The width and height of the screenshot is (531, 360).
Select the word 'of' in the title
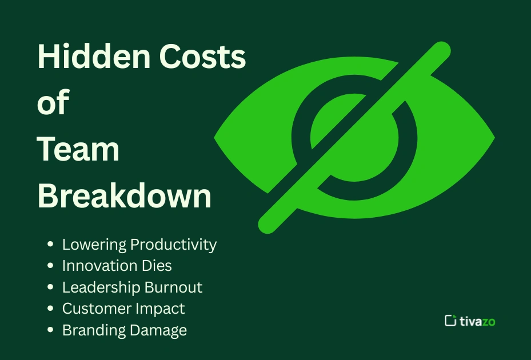pyautogui.click(x=53, y=103)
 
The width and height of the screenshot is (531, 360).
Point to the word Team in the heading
pyautogui.click(x=78, y=150)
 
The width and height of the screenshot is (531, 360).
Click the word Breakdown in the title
pyautogui.click(x=125, y=196)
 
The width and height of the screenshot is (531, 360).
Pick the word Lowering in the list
pyautogui.click(x=94, y=245)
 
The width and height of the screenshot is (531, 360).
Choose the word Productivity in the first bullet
pyautogui.click(x=174, y=245)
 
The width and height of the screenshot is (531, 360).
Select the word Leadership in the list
pyautogui.click(x=101, y=287)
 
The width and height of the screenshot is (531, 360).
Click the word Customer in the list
pyautogui.click(x=97, y=309)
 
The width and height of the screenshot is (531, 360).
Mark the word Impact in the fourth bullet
pyautogui.click(x=161, y=309)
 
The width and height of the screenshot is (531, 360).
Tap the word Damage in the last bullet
pyautogui.click(x=159, y=330)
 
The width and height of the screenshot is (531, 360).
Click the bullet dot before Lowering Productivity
pyautogui.click(x=51, y=245)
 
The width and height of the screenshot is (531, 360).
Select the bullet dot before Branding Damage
pyautogui.click(x=51, y=330)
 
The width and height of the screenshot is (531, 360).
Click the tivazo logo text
pyautogui.click(x=478, y=321)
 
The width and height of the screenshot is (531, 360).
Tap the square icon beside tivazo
pyautogui.click(x=450, y=321)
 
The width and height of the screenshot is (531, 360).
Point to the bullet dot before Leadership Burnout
pyautogui.click(x=51, y=287)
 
